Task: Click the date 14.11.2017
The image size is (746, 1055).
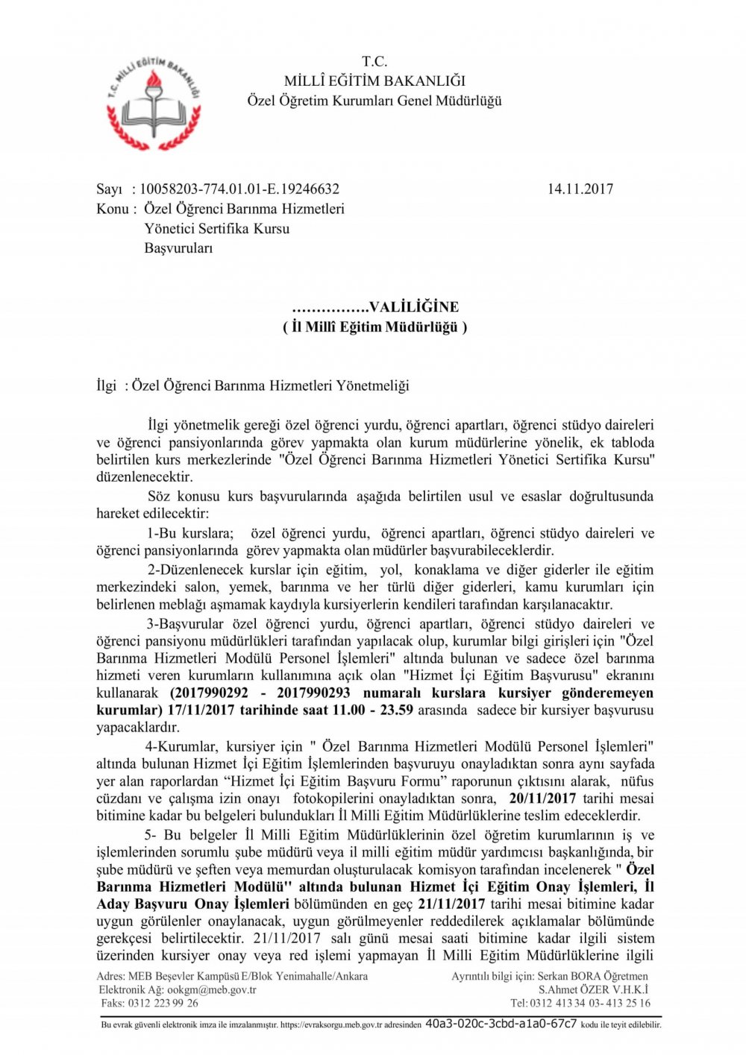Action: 580,189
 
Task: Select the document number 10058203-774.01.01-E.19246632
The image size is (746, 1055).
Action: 239,189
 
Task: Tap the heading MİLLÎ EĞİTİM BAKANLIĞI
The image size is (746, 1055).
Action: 374,81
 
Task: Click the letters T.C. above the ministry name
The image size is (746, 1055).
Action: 374,61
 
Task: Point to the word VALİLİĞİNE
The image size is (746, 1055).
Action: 414,306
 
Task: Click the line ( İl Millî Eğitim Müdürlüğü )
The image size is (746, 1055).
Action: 374,327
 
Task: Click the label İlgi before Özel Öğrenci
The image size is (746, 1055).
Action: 107,385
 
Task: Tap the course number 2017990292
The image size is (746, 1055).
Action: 211,693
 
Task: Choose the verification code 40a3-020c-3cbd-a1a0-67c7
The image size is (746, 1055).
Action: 500,1024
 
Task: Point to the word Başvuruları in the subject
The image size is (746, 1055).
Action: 178,248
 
